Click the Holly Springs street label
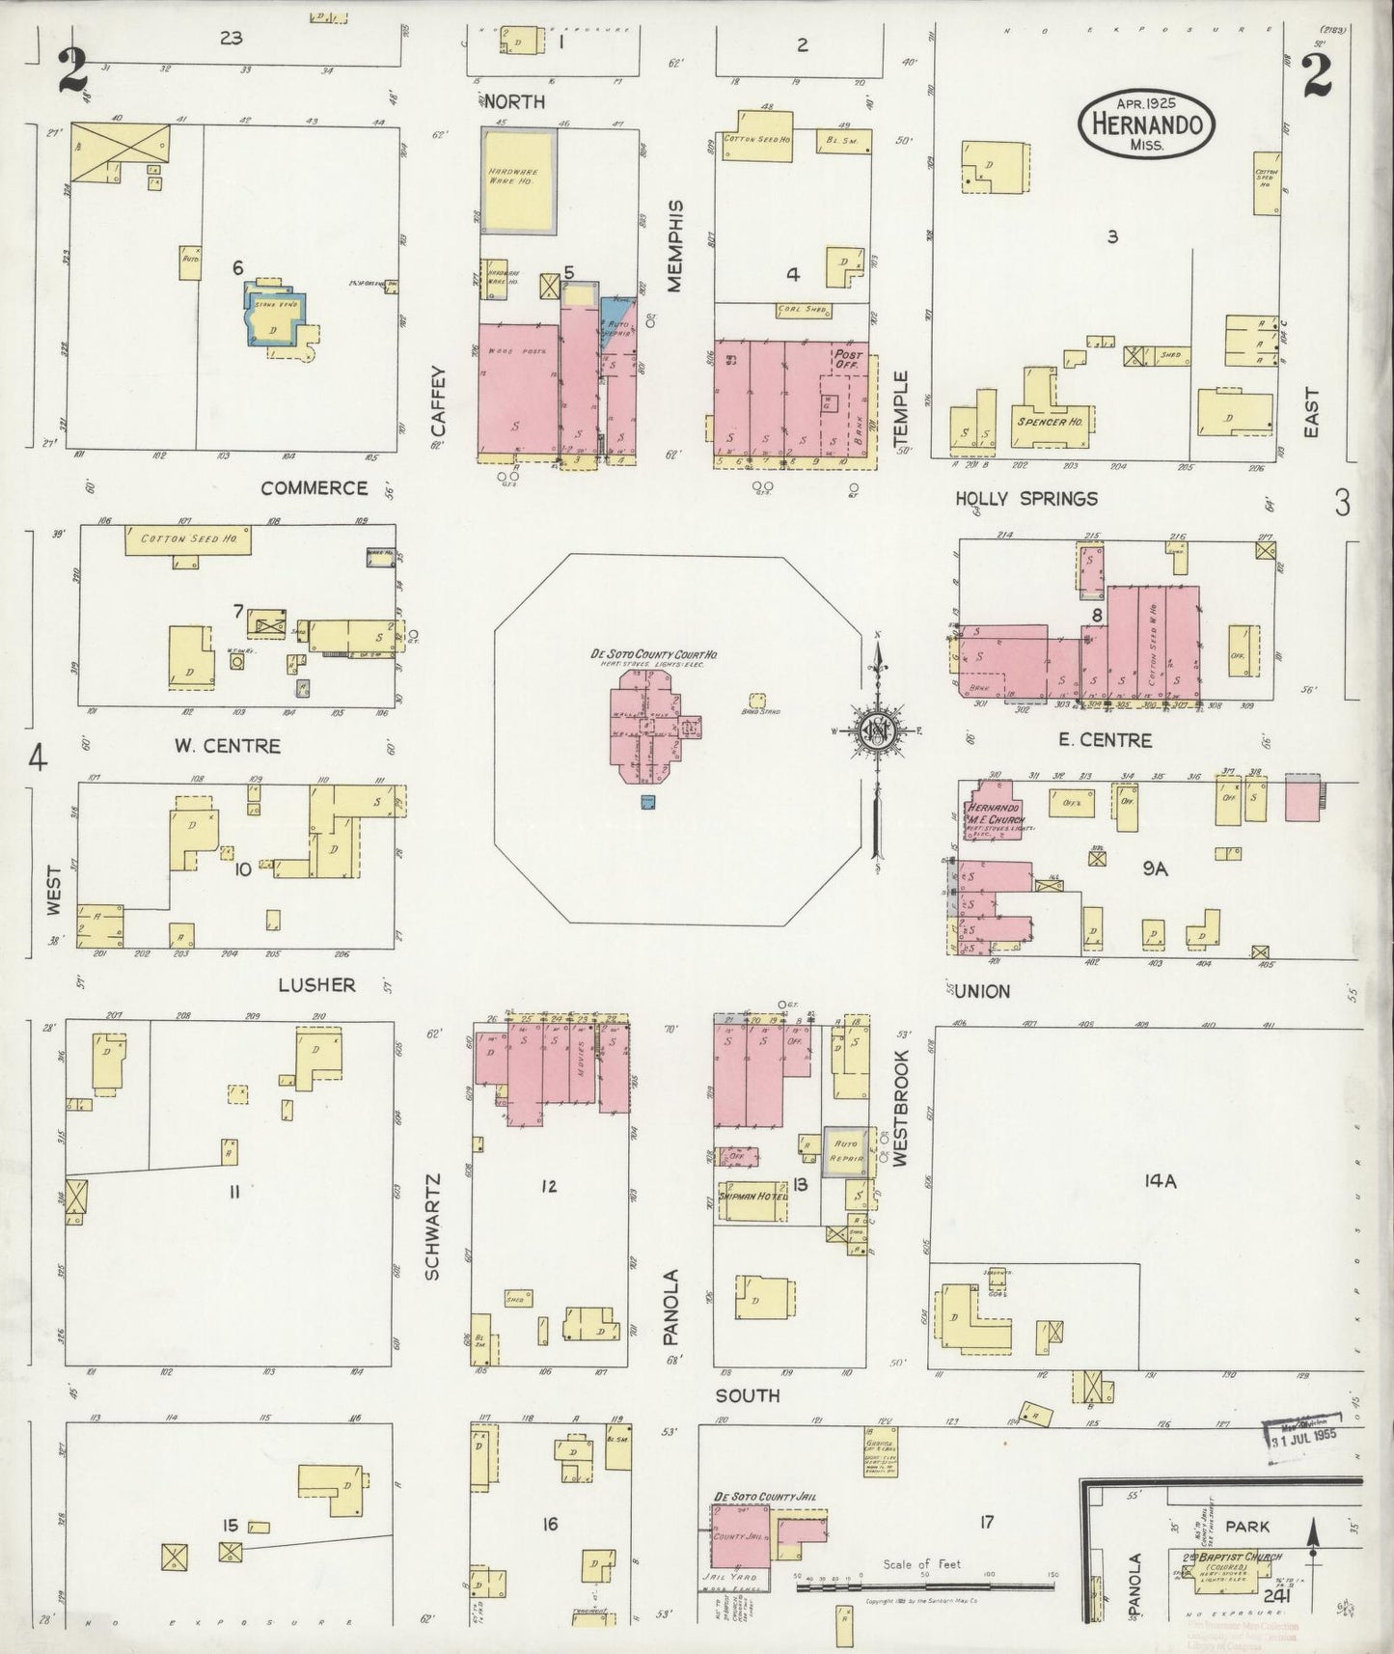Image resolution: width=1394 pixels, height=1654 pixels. coord(1025,499)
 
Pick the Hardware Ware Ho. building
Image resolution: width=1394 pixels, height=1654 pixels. coord(519,180)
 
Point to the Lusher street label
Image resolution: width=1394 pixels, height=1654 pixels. coord(316,984)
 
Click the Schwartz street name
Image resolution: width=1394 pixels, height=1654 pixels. coord(431,1226)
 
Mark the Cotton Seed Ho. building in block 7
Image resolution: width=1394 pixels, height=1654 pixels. coord(188,539)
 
